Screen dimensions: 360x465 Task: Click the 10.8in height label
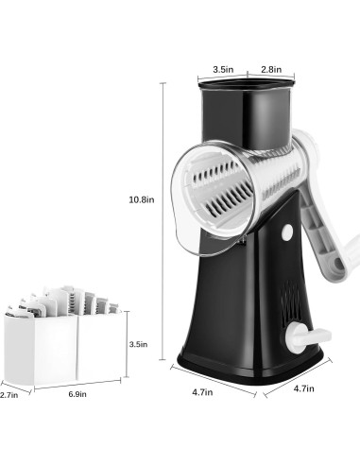(x=142, y=199)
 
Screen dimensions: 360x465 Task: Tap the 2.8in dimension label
(x=271, y=69)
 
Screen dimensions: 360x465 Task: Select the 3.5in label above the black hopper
(x=223, y=69)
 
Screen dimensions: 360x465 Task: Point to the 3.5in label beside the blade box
(x=138, y=344)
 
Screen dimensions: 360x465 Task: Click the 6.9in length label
(x=77, y=394)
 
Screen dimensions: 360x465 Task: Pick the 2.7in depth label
(x=9, y=395)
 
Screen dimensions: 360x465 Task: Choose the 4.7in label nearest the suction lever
(x=303, y=388)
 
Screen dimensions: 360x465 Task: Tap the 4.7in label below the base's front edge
(x=202, y=392)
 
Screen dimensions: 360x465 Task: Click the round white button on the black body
(x=287, y=232)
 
